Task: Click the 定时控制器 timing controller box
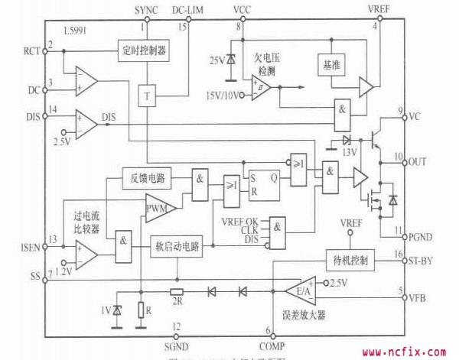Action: [143, 52]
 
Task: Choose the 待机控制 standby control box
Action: [349, 260]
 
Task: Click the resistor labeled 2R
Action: [177, 291]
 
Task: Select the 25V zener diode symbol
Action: [229, 59]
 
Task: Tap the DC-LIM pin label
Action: [188, 10]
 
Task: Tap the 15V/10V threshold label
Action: [221, 95]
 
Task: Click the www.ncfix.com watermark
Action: [404, 353]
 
